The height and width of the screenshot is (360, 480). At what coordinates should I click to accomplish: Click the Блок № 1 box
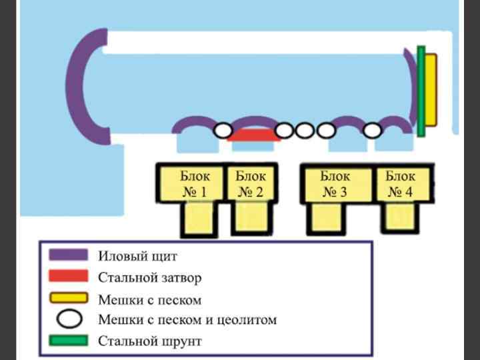point(193,185)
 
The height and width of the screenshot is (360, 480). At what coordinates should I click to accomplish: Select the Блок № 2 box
point(251,185)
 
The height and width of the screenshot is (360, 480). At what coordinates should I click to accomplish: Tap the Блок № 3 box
point(335,185)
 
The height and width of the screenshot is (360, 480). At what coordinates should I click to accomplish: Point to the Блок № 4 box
point(401,185)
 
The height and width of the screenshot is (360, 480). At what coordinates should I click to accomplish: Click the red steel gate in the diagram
point(253,135)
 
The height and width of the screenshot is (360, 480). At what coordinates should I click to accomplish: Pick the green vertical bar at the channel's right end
point(421,91)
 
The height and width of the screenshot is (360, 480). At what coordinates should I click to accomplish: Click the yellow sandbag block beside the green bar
point(431,90)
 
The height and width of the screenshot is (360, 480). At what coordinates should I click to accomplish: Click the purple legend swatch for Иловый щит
point(68,255)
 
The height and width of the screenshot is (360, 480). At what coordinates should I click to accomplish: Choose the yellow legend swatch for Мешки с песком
point(68,298)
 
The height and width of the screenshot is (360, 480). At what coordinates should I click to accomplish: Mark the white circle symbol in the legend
point(69,319)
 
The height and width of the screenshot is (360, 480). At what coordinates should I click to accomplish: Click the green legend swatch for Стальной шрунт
point(68,341)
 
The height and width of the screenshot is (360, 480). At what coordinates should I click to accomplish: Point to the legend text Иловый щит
point(138,255)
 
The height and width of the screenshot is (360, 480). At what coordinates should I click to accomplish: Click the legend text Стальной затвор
point(149,277)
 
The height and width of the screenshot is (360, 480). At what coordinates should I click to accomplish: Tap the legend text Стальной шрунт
point(149,341)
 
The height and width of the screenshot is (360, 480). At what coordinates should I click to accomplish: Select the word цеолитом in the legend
point(245,319)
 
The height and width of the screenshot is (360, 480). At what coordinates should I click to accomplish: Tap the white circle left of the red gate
point(223,130)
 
